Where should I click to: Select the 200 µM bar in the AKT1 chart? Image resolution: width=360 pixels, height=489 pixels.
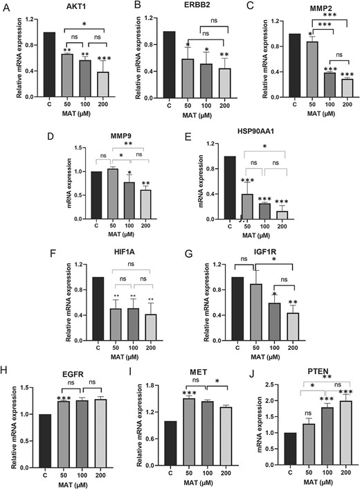coord(88,86)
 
